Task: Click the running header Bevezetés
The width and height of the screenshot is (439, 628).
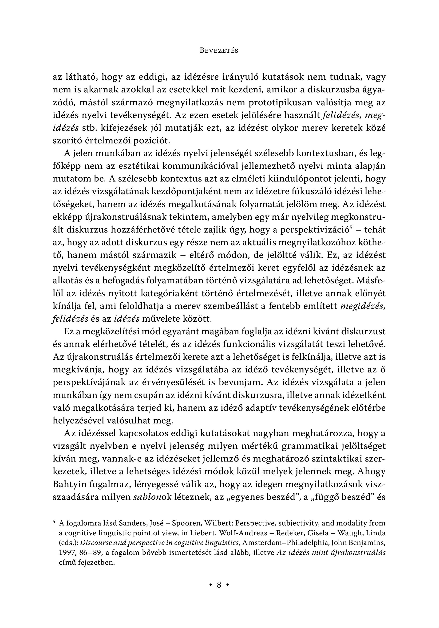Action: pos(219,51)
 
